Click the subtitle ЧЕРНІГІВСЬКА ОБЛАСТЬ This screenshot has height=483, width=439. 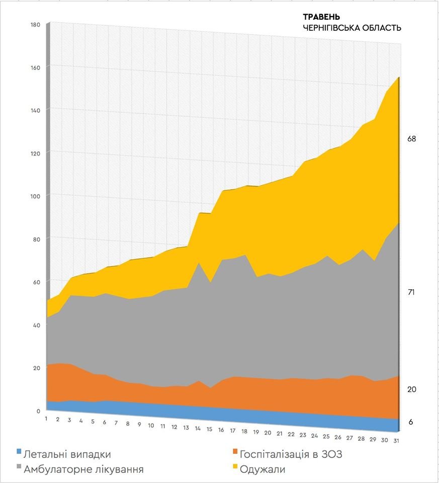(352, 28)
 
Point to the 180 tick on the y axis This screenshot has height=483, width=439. (35, 24)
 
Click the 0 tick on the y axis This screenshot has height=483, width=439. (38, 411)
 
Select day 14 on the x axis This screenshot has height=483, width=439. (198, 429)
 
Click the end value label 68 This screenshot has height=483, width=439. (411, 139)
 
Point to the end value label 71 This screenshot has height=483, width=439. (411, 292)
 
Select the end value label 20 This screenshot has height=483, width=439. (411, 389)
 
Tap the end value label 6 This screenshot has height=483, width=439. (410, 422)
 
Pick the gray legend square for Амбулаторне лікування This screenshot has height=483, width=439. (20, 469)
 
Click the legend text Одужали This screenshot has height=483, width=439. (262, 469)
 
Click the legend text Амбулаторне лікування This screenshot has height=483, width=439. (83, 469)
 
